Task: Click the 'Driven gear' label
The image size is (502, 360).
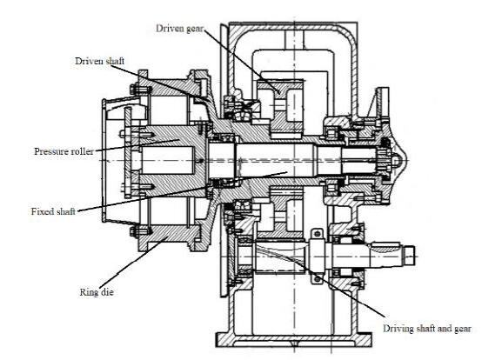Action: [179, 29]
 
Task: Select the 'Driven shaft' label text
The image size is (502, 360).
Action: [99, 61]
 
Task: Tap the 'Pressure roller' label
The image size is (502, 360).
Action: [64, 151]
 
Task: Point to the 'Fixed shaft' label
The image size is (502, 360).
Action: [53, 211]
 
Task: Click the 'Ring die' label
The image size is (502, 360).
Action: [97, 292]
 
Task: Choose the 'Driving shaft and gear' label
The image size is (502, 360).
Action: [427, 329]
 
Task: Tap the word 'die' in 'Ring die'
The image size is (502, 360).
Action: [107, 292]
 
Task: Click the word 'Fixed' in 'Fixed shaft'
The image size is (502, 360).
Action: [42, 211]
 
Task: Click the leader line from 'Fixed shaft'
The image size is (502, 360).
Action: [183, 191]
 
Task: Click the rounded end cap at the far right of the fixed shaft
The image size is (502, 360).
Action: [400, 160]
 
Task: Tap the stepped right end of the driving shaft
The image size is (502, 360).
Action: [409, 256]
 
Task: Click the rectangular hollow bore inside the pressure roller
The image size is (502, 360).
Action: [168, 160]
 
